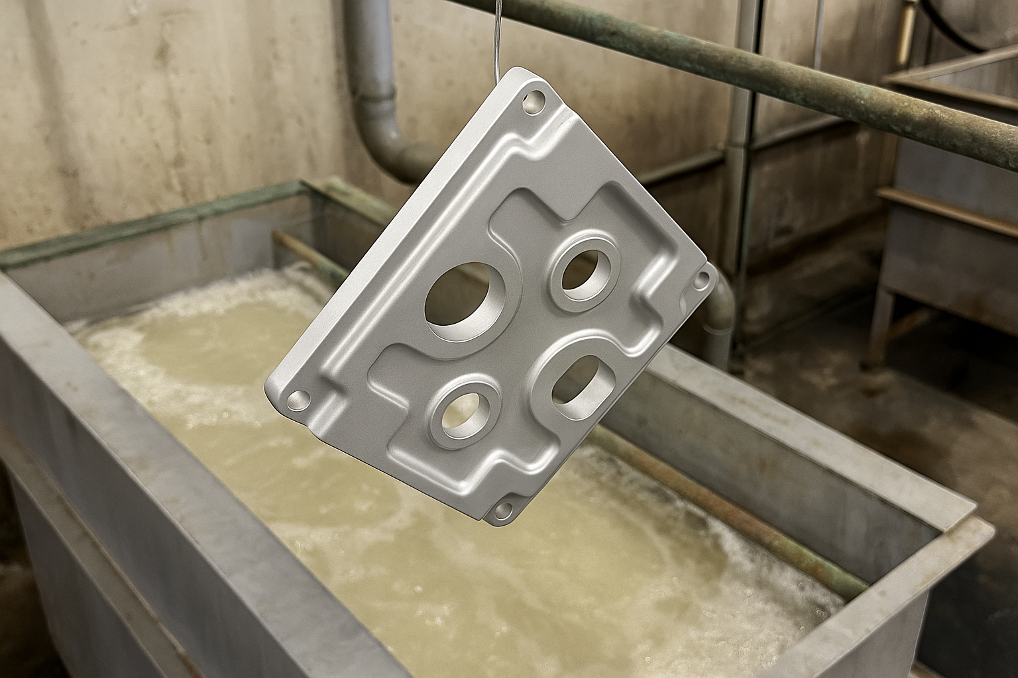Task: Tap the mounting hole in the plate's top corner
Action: (534, 103)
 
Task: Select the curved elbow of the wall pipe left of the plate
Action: (391, 149)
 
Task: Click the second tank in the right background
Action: (948, 218)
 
